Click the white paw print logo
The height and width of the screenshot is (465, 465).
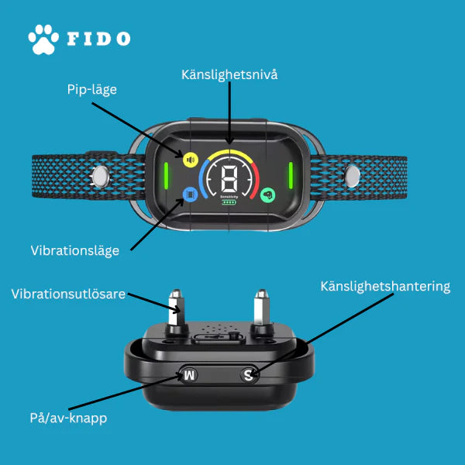pos(43,40)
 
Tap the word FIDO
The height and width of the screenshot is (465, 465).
pos(98,39)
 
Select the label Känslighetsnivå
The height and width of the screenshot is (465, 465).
pos(229,74)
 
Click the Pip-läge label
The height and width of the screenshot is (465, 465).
pos(92,90)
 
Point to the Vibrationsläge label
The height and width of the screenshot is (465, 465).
pos(75,251)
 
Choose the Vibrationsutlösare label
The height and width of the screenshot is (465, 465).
pos(68,294)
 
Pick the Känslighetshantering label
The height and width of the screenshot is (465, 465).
pos(385,287)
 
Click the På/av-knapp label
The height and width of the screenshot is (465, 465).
pos(68,418)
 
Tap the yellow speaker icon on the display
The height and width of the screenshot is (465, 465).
pos(191,160)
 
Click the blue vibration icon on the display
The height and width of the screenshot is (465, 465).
pos(191,195)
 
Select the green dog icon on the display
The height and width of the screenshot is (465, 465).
pos(268,195)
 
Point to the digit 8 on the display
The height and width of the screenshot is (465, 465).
pos(229,179)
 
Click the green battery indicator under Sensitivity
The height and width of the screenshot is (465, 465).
pos(229,202)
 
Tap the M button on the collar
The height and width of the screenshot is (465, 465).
pos(189,375)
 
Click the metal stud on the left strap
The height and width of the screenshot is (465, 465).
pos(101,177)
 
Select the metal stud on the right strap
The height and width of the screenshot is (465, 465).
pos(353,177)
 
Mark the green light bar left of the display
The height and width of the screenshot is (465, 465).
pos(167,176)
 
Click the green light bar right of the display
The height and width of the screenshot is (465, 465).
pos(291,175)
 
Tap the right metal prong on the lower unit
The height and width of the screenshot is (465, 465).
pos(262,308)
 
